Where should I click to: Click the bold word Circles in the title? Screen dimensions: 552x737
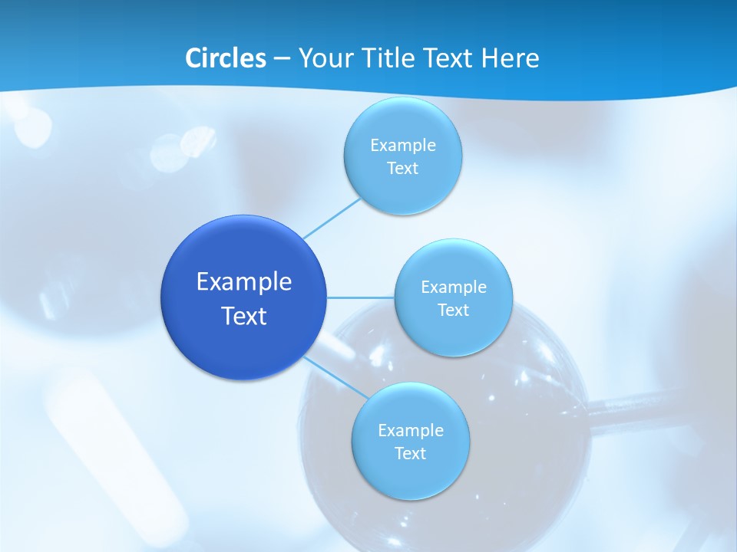225,58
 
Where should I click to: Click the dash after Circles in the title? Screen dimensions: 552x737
282,59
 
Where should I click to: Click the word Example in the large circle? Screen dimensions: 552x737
244,281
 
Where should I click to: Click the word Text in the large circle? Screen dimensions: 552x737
244,316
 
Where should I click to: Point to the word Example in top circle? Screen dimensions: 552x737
403,145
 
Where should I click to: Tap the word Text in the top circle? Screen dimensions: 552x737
403,169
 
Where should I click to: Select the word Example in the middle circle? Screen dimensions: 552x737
454,287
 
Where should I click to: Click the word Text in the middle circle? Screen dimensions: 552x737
454,310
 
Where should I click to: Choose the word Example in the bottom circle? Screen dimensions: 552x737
411,430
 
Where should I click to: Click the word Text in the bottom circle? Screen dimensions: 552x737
411,453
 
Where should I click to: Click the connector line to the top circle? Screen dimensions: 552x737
332,218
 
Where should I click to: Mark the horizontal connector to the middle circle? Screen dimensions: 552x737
361,297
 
